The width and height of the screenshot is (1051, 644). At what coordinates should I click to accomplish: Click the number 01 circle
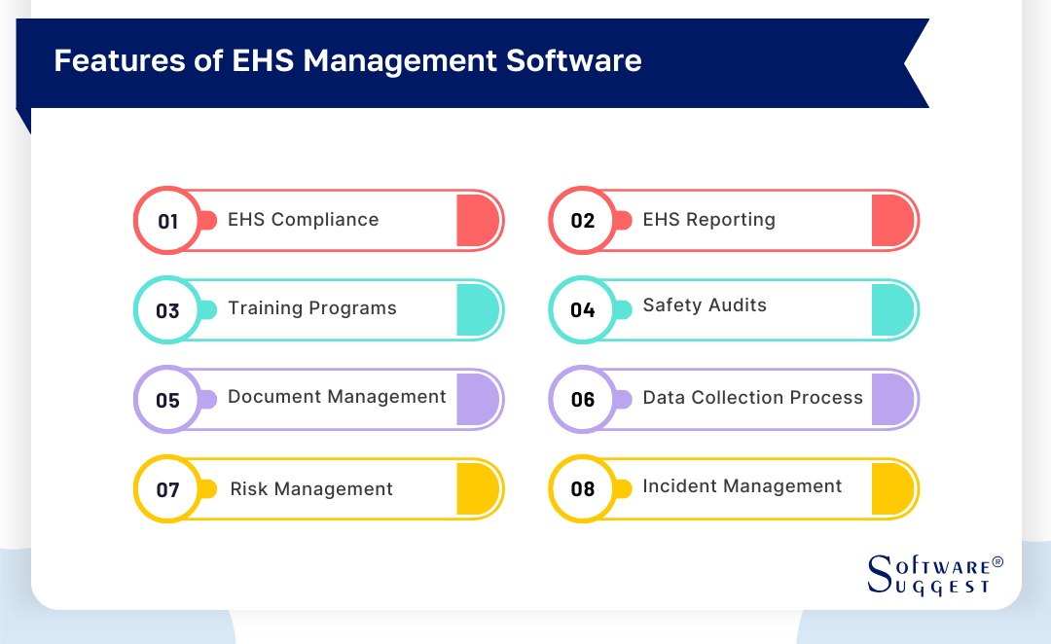click(x=167, y=221)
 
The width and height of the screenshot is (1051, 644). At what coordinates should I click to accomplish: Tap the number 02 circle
click(x=583, y=221)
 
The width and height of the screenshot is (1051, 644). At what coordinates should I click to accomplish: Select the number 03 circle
click(x=167, y=310)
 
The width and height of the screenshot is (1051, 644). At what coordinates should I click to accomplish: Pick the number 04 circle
click(x=583, y=310)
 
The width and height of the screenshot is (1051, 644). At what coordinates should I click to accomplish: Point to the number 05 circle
click(x=167, y=400)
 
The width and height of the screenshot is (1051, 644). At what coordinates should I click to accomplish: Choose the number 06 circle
click(x=583, y=400)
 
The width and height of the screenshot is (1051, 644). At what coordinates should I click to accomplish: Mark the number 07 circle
click(x=167, y=489)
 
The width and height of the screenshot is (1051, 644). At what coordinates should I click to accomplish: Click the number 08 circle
click(x=583, y=489)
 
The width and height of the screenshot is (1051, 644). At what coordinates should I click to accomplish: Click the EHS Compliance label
click(x=303, y=220)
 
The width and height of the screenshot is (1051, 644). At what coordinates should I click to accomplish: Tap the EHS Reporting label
click(x=709, y=220)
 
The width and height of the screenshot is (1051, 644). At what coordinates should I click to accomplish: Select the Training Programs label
click(x=312, y=308)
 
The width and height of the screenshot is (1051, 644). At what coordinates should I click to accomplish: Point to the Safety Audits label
click(x=705, y=304)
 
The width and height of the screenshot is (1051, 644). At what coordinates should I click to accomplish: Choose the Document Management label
click(x=337, y=397)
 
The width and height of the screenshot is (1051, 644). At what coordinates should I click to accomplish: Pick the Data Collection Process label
click(x=752, y=397)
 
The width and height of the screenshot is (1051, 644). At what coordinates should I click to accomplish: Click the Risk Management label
click(x=311, y=489)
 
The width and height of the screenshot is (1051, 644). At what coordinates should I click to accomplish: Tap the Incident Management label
click(x=742, y=485)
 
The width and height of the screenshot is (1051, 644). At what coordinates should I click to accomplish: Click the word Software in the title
click(x=574, y=60)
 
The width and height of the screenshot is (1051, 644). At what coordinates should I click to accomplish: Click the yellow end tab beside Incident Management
click(x=892, y=489)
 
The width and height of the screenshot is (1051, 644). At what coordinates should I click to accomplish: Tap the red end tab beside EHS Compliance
click(x=478, y=221)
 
